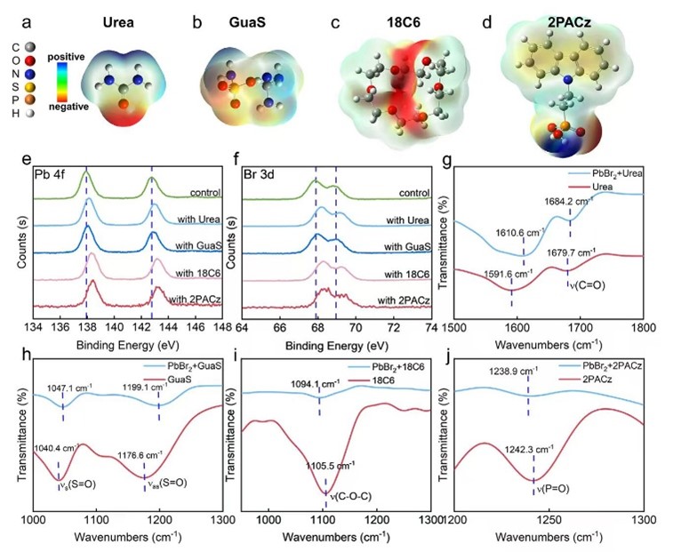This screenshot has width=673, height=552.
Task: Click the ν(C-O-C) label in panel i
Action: click(x=349, y=492)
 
